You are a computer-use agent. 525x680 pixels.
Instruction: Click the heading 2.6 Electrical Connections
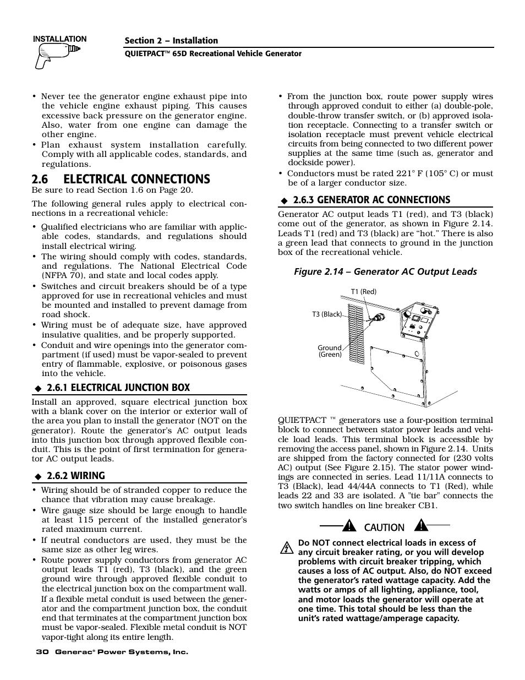coord(121,179)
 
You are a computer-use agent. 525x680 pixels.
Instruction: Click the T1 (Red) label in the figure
coord(363,292)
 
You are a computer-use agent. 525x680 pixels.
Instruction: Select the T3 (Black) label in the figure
coord(327,314)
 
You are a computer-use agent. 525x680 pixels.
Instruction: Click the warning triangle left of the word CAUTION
coord(349,526)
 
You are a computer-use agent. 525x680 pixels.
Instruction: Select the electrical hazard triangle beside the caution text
coord(286,548)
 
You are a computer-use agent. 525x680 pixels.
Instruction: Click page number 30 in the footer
coord(41,652)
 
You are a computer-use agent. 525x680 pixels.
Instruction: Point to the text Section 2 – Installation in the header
coord(171,41)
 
